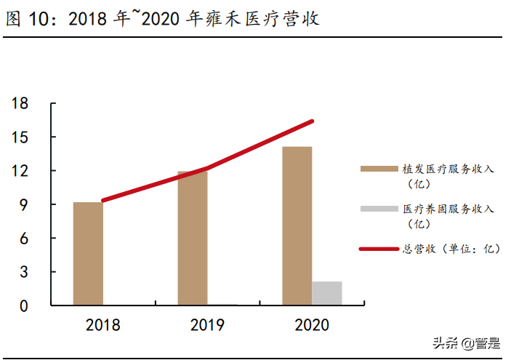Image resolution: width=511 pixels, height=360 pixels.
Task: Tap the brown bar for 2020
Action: click(297, 225)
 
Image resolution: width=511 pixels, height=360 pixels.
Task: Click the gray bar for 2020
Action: click(327, 292)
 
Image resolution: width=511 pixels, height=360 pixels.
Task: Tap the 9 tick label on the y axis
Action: click(23, 205)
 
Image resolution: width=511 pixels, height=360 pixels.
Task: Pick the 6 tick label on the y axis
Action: click(23, 239)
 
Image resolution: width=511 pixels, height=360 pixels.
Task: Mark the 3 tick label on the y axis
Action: click(23, 272)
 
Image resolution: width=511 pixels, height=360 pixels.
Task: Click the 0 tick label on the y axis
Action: click(23, 305)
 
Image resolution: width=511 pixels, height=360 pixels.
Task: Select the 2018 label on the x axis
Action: click(102, 325)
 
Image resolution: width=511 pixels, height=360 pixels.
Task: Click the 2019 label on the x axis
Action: click(207, 325)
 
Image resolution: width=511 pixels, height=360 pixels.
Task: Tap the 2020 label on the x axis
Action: click(312, 325)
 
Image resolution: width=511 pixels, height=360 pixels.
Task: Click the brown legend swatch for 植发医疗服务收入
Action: click(377, 169)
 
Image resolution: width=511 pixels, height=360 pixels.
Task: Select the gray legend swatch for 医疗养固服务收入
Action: click(377, 209)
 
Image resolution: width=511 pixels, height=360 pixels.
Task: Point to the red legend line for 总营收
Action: click(377, 249)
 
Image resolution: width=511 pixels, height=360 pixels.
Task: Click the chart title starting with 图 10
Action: click(163, 20)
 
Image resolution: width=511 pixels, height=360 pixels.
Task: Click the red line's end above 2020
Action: click(312, 121)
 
